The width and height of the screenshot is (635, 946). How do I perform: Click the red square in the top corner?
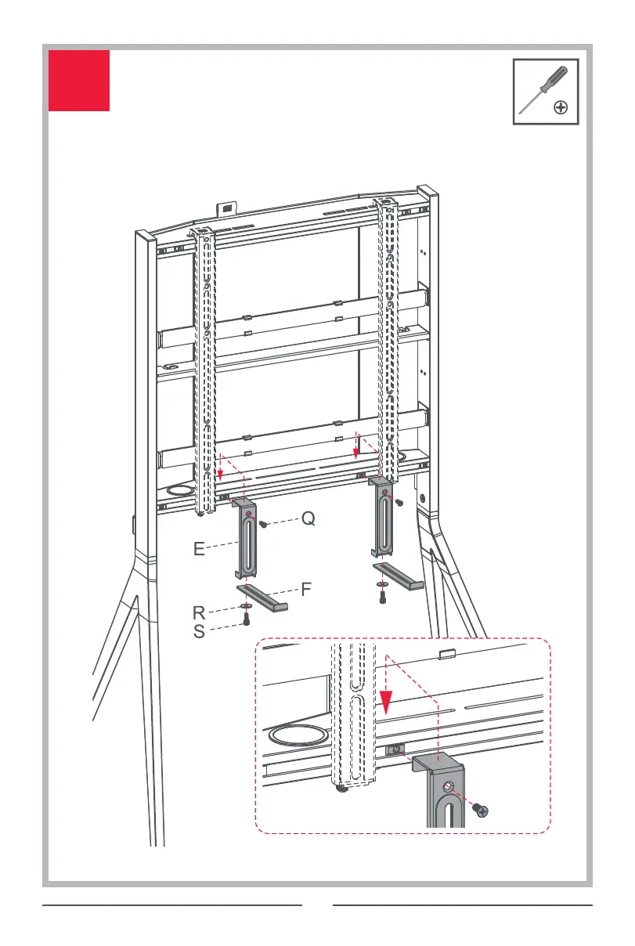tap(78, 81)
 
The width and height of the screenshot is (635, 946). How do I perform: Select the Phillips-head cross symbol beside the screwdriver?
tap(561, 108)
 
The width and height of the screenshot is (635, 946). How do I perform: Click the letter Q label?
tap(308, 518)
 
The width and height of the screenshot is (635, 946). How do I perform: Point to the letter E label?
tap(201, 550)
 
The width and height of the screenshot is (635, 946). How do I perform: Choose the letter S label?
tap(200, 631)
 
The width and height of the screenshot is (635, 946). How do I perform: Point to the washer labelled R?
tap(244, 606)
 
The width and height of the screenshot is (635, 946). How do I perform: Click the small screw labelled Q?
tap(265, 522)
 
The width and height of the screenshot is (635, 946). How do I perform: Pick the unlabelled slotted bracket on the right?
tap(384, 521)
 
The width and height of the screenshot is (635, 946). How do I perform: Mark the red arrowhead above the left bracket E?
tap(221, 472)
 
